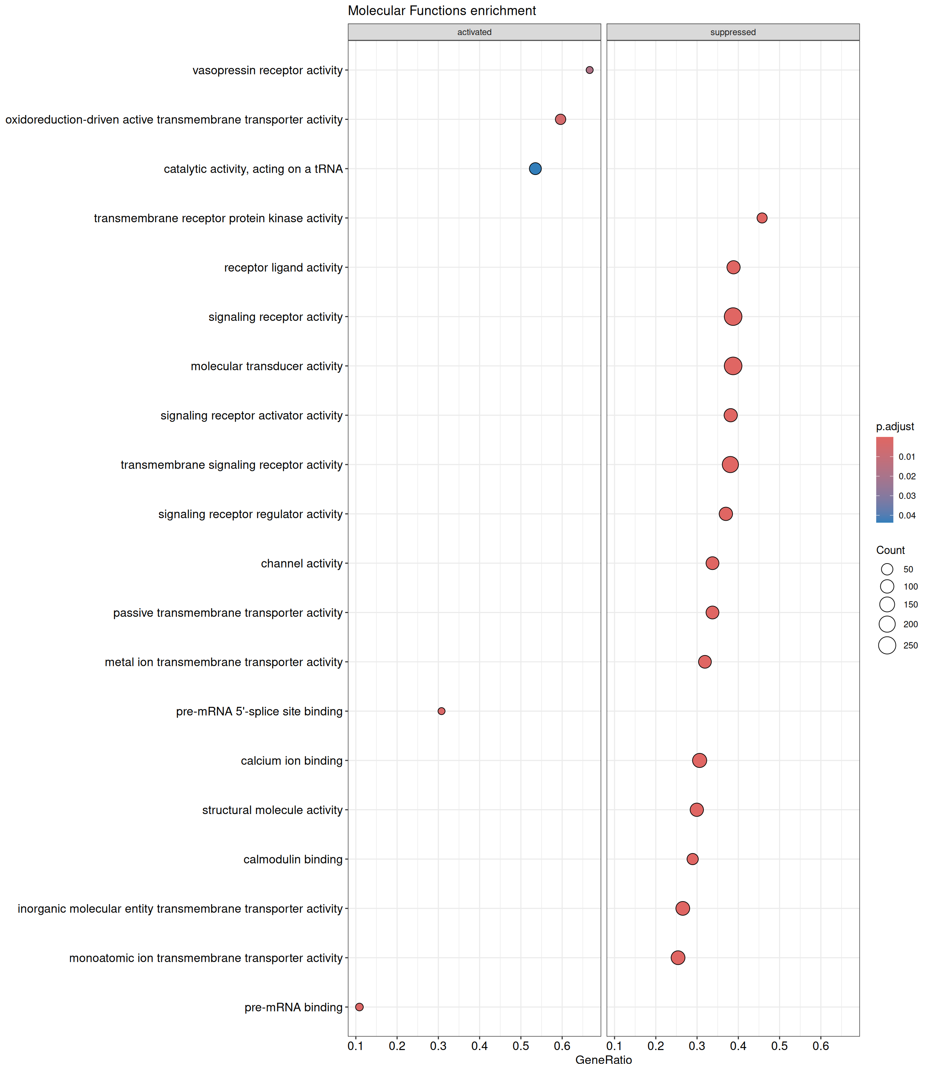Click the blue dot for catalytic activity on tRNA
tap(535, 169)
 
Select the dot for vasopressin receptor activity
tap(590, 70)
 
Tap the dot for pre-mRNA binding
tap(359, 1007)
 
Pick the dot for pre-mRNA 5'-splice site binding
tap(441, 711)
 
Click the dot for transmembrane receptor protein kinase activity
tap(762, 218)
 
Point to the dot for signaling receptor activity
tap(732, 316)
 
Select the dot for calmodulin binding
tap(692, 859)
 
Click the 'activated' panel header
tap(474, 32)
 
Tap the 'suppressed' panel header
tap(732, 32)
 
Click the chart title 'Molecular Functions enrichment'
tap(442, 11)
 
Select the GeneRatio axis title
tap(603, 1060)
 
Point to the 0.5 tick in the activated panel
tap(520, 1046)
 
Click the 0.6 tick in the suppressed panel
tap(821, 1046)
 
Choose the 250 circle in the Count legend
tap(887, 645)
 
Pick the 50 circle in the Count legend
tap(887, 569)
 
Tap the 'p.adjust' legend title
tap(895, 427)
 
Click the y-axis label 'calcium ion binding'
tap(292, 761)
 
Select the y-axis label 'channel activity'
tap(302, 564)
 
